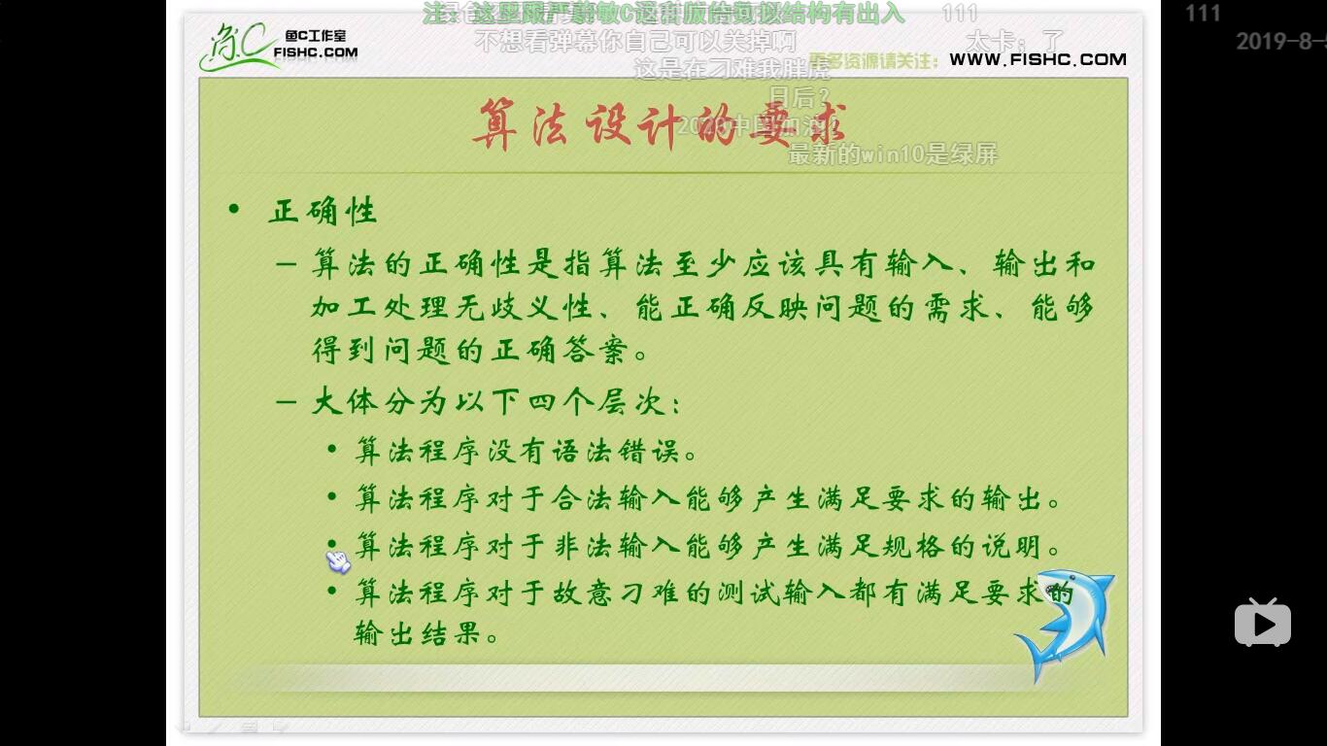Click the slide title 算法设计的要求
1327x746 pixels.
click(x=659, y=124)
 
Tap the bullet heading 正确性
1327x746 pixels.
click(x=323, y=211)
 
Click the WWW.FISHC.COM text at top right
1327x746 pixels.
click(x=1038, y=59)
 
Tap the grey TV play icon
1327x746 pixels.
click(x=1262, y=623)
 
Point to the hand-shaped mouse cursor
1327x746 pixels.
click(x=337, y=559)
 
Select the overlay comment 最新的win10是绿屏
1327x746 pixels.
click(x=892, y=153)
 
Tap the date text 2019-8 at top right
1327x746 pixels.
click(x=1280, y=42)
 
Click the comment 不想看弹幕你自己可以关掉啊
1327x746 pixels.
click(x=635, y=42)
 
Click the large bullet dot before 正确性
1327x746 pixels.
click(x=233, y=209)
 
